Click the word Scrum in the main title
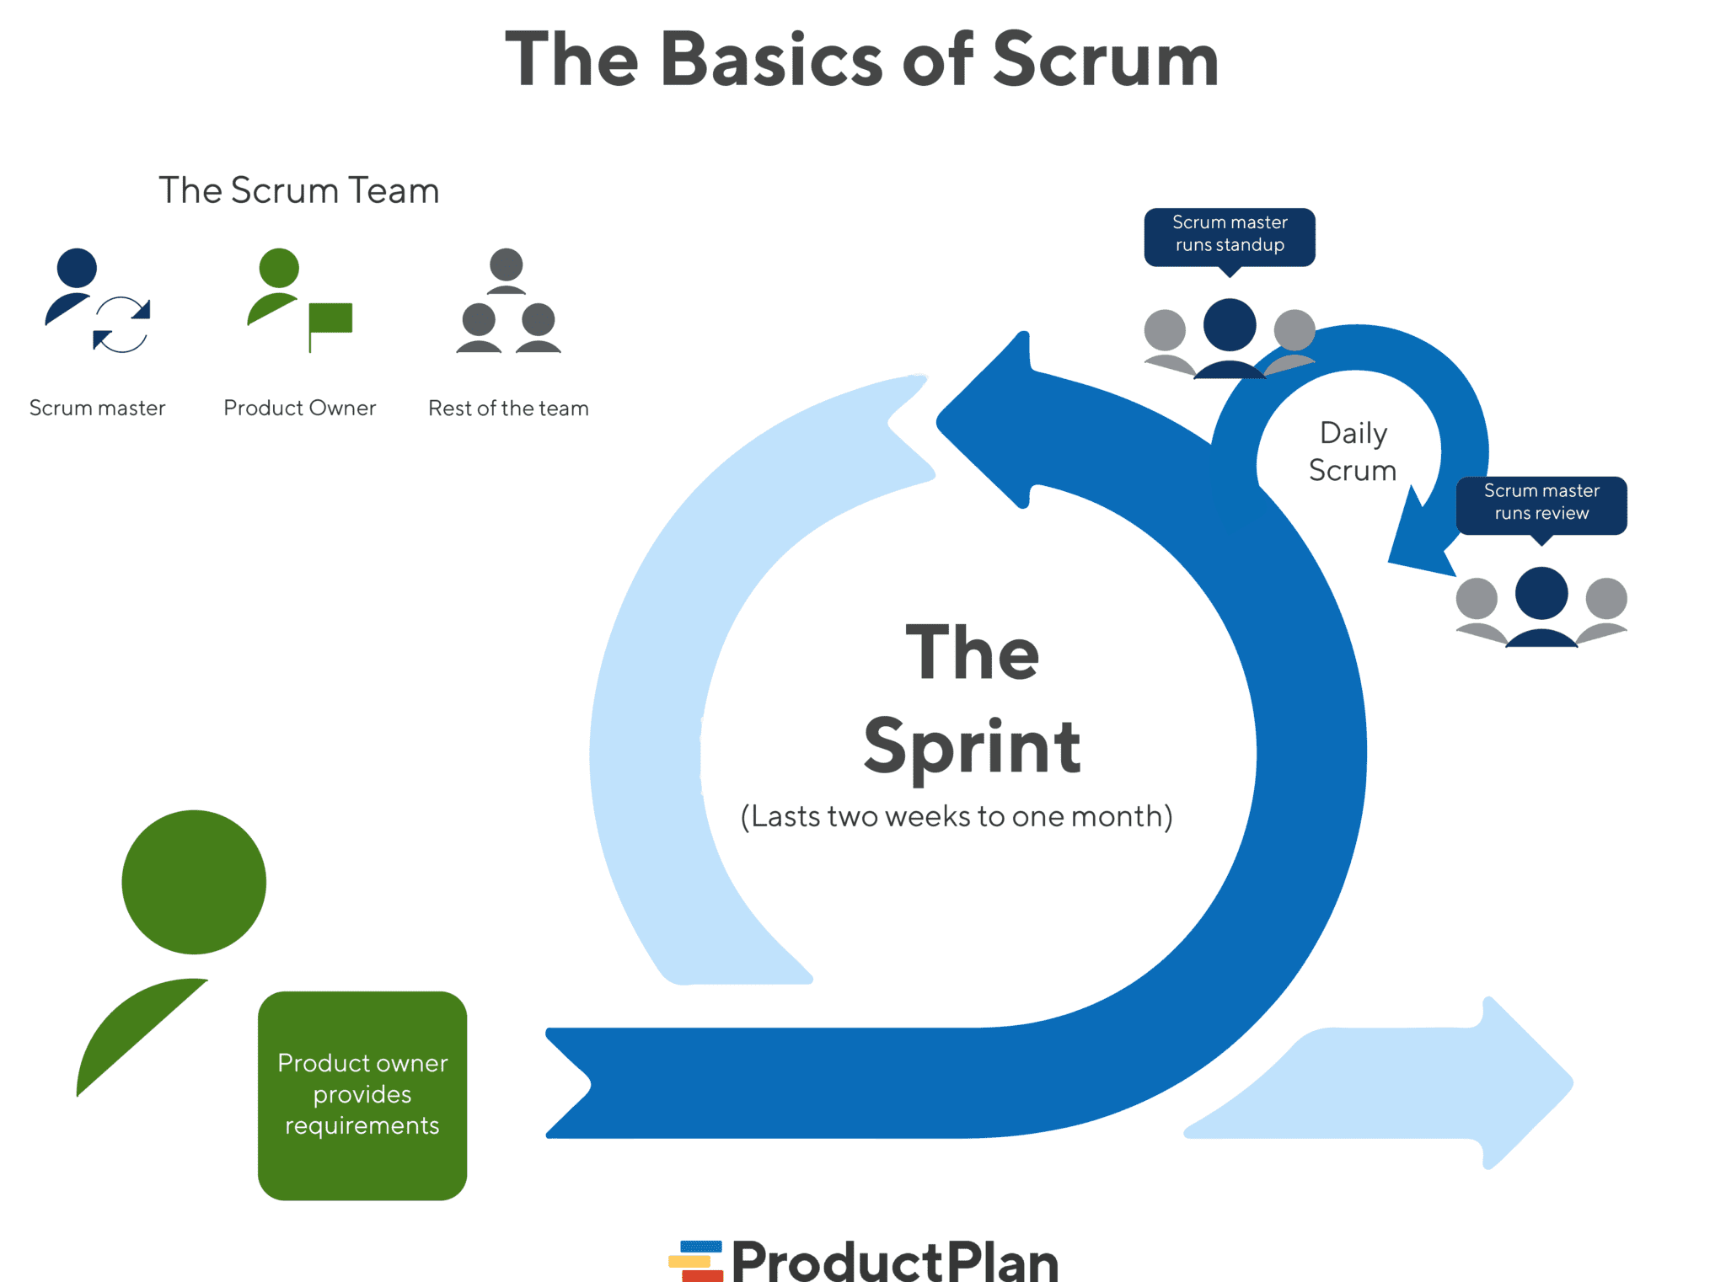pyautogui.click(x=1105, y=60)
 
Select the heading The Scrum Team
pyautogui.click(x=298, y=190)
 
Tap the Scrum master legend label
pyautogui.click(x=97, y=408)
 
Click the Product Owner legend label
pyautogui.click(x=299, y=408)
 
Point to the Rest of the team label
pyautogui.click(x=508, y=408)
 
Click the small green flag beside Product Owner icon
pyautogui.click(x=330, y=318)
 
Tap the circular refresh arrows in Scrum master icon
pyautogui.click(x=121, y=324)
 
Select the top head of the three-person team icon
pyautogui.click(x=506, y=265)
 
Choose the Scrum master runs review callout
pyautogui.click(x=1541, y=503)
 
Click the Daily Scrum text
pyautogui.click(x=1352, y=451)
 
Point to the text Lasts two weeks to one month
pyautogui.click(x=956, y=816)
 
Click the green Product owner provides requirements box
pyautogui.click(x=362, y=1095)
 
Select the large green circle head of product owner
pyautogui.click(x=194, y=882)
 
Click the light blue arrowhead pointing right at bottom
pyautogui.click(x=1517, y=1082)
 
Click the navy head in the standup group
pyautogui.click(x=1229, y=325)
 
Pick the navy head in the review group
pyautogui.click(x=1541, y=593)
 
